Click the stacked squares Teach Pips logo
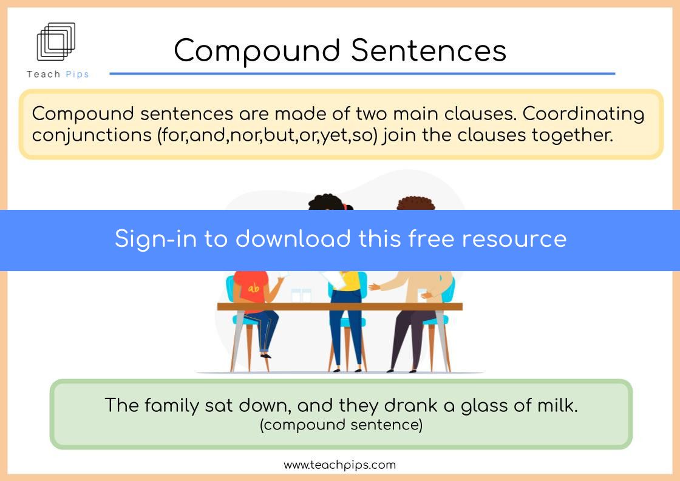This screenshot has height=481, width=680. (56, 41)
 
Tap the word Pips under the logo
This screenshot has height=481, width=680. (77, 75)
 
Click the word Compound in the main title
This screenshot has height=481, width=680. (257, 51)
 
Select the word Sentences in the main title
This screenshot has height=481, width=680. (429, 50)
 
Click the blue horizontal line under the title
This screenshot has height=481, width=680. (362, 73)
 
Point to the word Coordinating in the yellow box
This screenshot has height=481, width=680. (583, 115)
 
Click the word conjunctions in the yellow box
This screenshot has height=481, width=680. (92, 136)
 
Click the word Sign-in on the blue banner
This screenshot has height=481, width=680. (155, 239)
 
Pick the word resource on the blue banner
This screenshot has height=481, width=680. (514, 239)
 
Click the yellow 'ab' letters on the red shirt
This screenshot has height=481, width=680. (254, 288)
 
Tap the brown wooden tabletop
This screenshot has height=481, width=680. (339, 307)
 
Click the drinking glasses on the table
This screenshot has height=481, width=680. (301, 295)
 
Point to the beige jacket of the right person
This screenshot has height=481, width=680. (416, 287)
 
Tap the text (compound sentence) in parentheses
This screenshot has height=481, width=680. (341, 425)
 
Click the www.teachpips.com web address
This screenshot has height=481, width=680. (339, 465)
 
